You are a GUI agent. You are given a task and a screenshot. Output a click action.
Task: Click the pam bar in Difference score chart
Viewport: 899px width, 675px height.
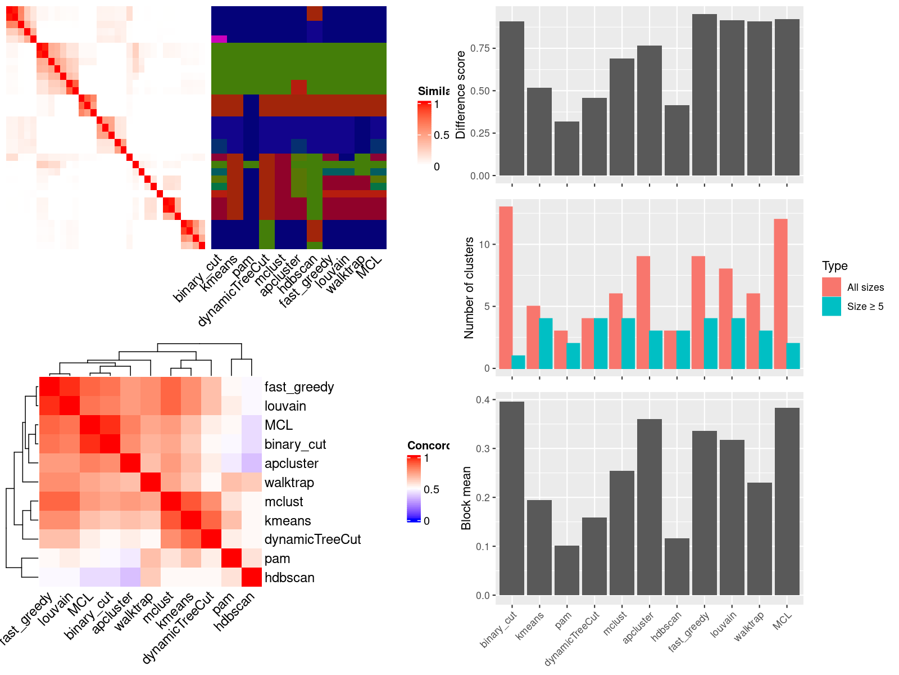(x=567, y=148)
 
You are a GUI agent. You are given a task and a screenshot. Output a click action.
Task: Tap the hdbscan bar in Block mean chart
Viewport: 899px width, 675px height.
(x=677, y=566)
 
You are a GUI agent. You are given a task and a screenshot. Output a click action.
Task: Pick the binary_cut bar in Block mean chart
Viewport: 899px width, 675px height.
(x=512, y=498)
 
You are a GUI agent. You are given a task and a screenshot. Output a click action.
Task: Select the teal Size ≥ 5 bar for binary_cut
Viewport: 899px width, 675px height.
(x=519, y=362)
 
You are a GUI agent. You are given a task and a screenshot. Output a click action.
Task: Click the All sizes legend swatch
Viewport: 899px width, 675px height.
(x=832, y=287)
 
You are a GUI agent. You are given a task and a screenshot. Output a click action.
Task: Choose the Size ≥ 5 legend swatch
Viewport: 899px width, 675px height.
(x=832, y=307)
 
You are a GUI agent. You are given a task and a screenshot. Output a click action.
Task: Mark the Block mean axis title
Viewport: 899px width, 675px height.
(x=466, y=498)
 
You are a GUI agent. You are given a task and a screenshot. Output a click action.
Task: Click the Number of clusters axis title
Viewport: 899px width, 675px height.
(x=469, y=287)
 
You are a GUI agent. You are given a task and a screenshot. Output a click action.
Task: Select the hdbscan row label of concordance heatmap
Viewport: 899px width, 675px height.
(x=289, y=578)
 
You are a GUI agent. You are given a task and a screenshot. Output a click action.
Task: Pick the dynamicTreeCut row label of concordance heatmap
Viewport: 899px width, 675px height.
(x=312, y=539)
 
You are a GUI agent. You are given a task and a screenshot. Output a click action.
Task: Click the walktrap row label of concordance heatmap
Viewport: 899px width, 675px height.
(x=289, y=483)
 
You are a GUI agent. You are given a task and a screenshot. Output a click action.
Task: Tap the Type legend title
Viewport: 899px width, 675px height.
(x=834, y=266)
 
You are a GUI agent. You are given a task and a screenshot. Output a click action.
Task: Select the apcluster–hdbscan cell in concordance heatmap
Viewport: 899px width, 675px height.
(x=252, y=463)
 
